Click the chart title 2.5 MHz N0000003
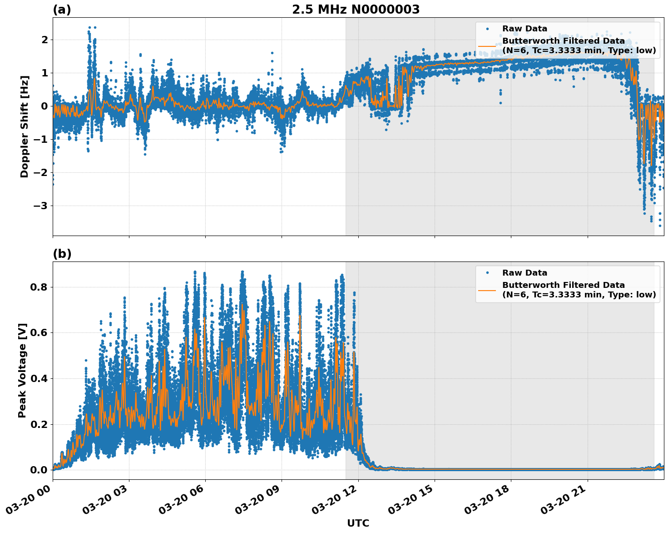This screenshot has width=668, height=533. coord(356,10)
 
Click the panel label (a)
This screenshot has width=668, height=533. coord(62,10)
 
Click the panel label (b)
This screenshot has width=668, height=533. coord(62,254)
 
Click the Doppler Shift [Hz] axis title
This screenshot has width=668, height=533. coord(25,126)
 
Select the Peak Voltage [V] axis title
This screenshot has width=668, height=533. coord(22,370)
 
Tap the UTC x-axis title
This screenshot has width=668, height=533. coord(358,523)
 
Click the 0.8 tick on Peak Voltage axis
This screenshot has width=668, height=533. coord(40,287)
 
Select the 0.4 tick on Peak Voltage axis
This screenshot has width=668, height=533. coord(40,378)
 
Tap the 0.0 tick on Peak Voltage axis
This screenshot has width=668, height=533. coord(40,470)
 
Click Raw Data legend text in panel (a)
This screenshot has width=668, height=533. coord(525,29)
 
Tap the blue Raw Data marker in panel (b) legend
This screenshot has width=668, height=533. coord(487,273)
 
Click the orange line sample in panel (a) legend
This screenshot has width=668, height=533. coord(487,45)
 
